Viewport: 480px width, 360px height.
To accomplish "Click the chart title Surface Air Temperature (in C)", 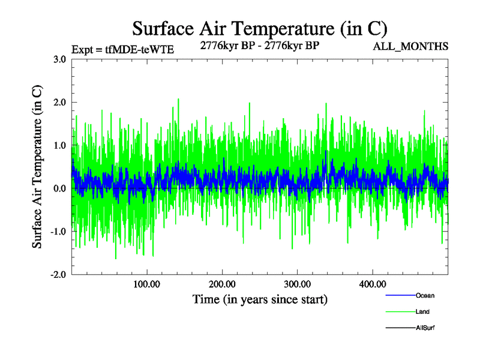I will point(260,28).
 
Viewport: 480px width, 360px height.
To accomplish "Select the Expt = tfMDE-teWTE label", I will point(122,50).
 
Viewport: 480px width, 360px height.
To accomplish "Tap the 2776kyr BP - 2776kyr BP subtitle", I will point(259,47).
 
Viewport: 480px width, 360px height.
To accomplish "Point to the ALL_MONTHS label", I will point(410,47).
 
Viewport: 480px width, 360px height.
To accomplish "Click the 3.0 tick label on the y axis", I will point(59,59).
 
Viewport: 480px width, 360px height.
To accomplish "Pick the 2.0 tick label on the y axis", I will point(59,103).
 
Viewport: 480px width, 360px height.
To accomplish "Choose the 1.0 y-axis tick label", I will point(59,146).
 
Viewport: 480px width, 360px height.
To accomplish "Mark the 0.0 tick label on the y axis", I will point(59,189).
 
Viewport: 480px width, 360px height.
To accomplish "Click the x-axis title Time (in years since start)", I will point(260,299).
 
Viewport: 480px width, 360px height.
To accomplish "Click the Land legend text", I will point(422,312).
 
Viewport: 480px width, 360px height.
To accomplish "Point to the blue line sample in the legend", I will point(400,296).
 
